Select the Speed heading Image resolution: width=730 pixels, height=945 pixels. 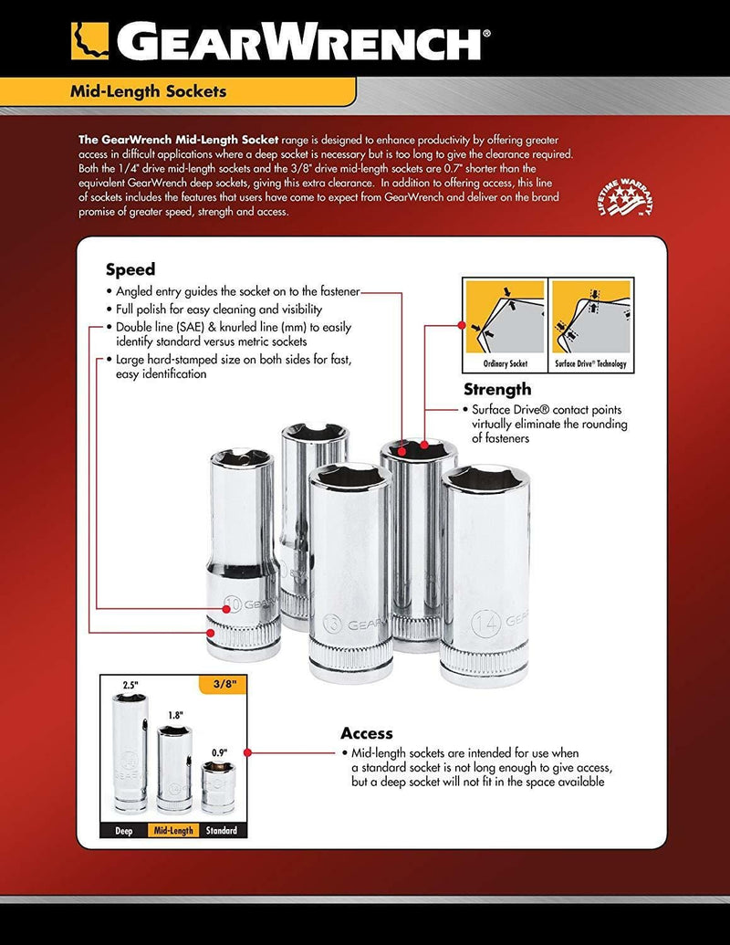click(x=130, y=269)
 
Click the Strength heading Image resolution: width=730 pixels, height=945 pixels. click(x=497, y=390)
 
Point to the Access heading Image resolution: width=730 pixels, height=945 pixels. click(x=367, y=733)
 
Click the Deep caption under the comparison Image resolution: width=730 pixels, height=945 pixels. click(x=123, y=831)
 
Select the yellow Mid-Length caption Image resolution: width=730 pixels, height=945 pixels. click(x=173, y=831)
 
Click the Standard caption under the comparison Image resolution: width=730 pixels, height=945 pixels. click(x=221, y=831)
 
